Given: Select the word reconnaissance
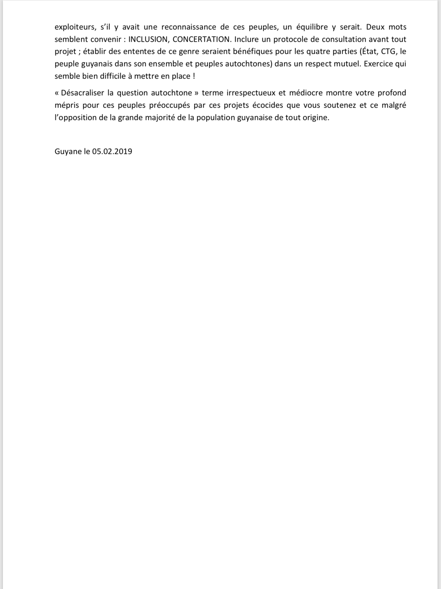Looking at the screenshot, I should coord(189,27).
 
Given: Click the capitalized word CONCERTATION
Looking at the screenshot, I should coord(202,39).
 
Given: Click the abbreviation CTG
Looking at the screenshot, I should coord(388,51).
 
